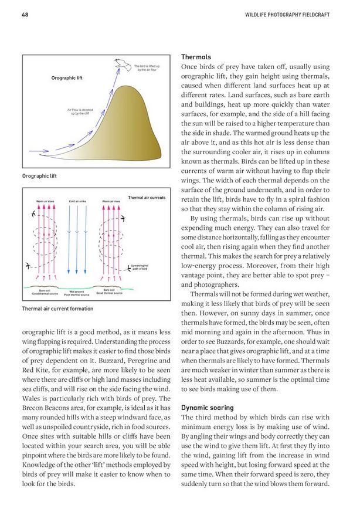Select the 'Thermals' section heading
[x=196, y=58]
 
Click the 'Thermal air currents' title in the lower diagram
[x=146, y=198]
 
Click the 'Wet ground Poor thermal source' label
[x=78, y=291]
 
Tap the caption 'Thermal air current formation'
[x=57, y=309]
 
